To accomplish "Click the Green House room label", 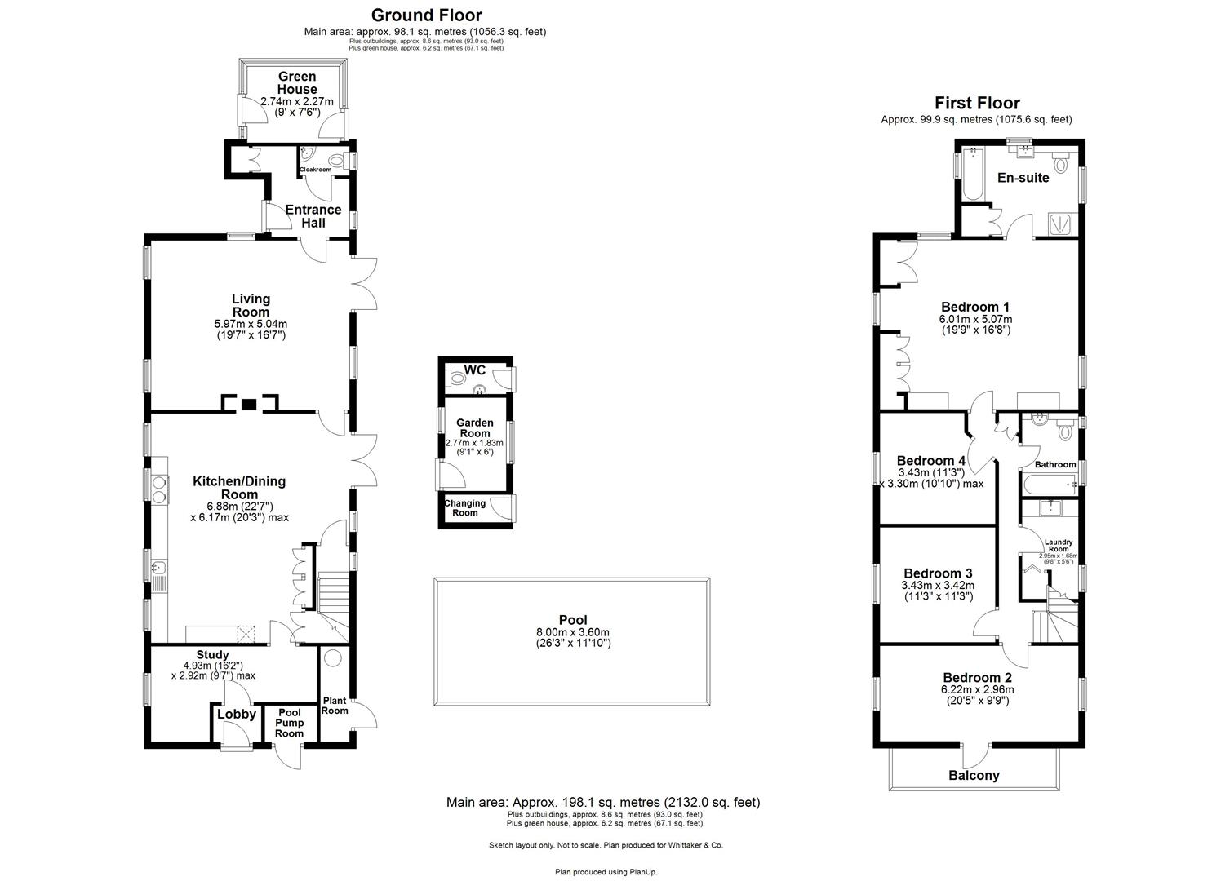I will [296, 83].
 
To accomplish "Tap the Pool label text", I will [573, 620].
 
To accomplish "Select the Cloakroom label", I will [316, 170].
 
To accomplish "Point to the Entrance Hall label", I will [313, 216].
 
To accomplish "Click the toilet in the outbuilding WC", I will [457, 379].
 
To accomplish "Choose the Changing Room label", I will [464, 508].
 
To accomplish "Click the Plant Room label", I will [335, 706].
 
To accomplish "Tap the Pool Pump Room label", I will [289, 723].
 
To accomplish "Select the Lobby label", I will [237, 715].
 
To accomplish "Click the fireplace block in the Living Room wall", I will [250, 404].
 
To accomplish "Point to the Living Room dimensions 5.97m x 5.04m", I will [251, 324].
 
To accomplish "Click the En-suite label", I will [1023, 178].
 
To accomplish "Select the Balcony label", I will [974, 776].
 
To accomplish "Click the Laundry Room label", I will [1059, 546].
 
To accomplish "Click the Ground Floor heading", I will [426, 15].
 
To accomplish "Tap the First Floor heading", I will [977, 103].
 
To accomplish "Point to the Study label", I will [212, 655].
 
